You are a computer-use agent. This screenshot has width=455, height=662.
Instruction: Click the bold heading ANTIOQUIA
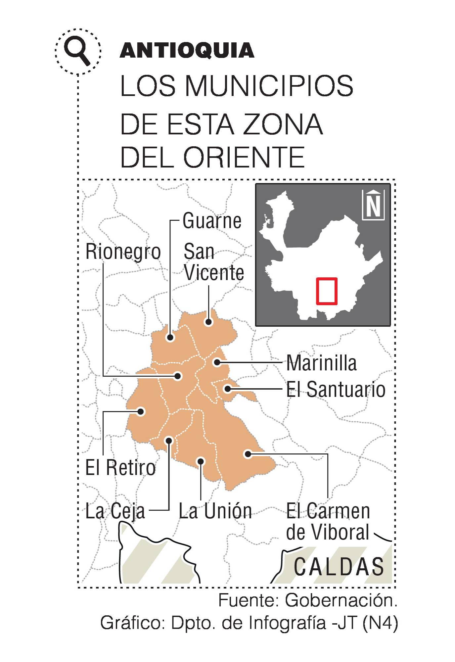click(x=187, y=51)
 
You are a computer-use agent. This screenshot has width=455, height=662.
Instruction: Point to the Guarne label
click(x=212, y=221)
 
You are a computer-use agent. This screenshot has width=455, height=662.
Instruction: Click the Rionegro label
click(x=123, y=252)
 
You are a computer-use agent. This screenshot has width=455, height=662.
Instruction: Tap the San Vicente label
click(x=213, y=262)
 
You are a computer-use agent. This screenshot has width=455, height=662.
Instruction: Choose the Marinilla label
click(x=321, y=363)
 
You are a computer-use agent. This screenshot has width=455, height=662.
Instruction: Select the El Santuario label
click(x=336, y=389)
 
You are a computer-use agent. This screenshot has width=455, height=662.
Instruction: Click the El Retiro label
click(x=120, y=467)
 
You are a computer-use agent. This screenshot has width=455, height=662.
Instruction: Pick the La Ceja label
click(x=115, y=511)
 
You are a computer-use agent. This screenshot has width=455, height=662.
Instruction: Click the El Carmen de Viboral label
click(x=328, y=521)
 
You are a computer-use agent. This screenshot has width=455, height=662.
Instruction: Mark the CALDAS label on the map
click(x=339, y=566)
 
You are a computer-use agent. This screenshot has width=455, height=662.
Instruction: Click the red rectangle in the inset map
click(x=327, y=291)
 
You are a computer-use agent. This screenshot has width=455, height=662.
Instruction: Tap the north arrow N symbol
click(x=373, y=205)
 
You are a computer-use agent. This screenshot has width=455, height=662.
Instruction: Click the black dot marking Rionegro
click(x=178, y=376)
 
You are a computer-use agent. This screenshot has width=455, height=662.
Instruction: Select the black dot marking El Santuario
click(x=227, y=389)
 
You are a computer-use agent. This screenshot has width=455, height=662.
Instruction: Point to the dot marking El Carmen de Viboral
click(x=248, y=454)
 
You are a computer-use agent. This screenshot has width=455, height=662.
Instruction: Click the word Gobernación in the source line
click(x=341, y=600)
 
